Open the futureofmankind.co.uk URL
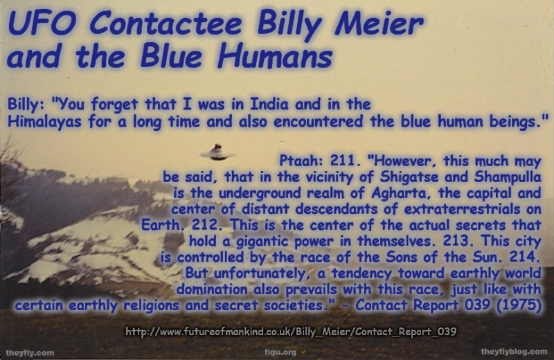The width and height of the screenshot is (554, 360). pyautogui.click(x=290, y=332)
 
